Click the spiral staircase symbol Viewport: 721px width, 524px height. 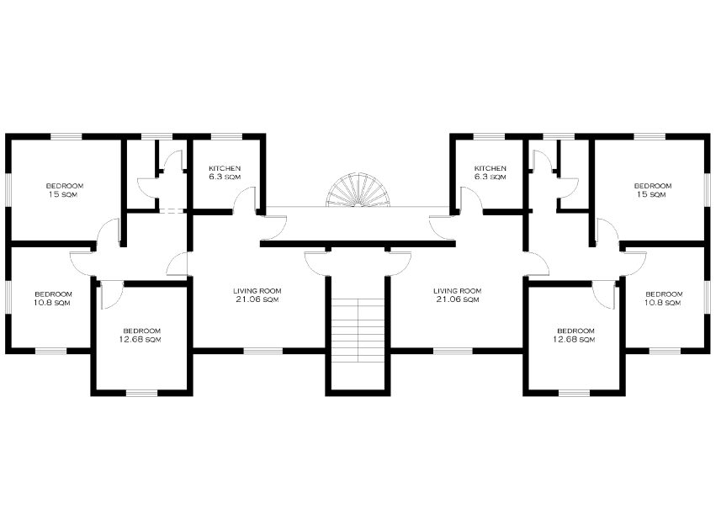(x=358, y=190)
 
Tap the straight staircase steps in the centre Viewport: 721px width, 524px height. (x=358, y=331)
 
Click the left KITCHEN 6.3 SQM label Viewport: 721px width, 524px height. (x=225, y=172)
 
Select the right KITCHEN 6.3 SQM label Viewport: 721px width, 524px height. (x=490, y=172)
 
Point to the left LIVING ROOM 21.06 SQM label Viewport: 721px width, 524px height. (x=257, y=295)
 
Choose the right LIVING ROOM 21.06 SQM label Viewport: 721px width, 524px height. (x=458, y=295)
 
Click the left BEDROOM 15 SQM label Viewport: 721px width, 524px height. (x=65, y=190)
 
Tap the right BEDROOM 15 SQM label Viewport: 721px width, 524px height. (x=653, y=190)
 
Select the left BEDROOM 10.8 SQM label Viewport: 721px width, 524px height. (x=53, y=299)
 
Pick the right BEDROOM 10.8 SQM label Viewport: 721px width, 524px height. (x=664, y=299)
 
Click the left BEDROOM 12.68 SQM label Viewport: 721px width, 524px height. (x=141, y=335)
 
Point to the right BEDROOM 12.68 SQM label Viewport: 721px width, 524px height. (x=575, y=335)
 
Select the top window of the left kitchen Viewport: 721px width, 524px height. (x=226, y=136)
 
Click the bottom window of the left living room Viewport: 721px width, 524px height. (x=263, y=351)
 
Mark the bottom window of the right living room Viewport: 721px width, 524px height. (x=453, y=351)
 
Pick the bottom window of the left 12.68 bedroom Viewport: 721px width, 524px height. (x=141, y=393)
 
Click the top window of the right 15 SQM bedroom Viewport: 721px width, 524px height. (x=649, y=136)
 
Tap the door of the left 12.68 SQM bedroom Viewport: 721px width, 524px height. (x=112, y=294)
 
